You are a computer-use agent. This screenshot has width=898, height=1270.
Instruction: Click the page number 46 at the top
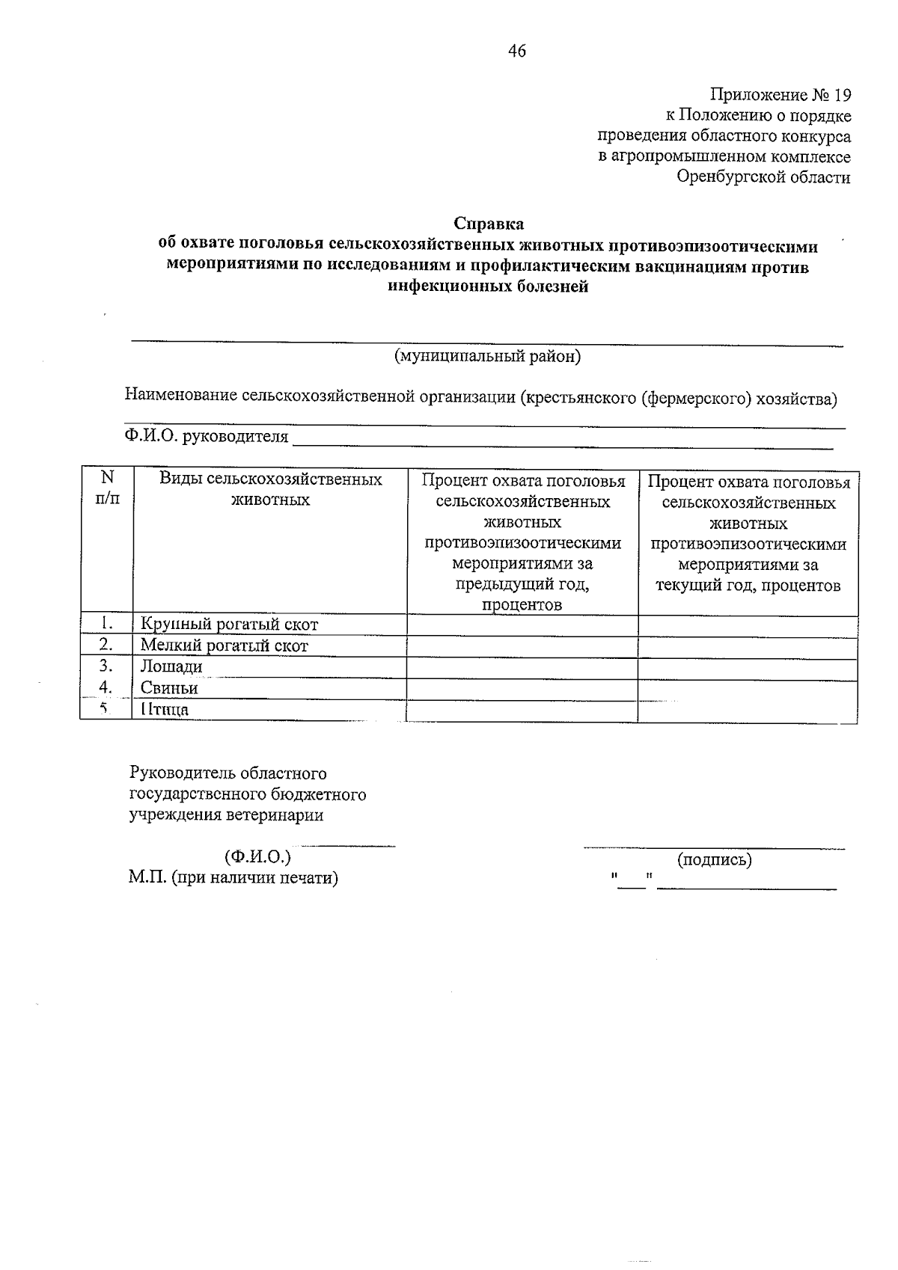[x=517, y=51]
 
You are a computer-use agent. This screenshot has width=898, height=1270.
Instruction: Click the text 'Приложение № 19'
[x=781, y=95]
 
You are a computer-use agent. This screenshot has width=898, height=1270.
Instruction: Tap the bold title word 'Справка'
[x=489, y=224]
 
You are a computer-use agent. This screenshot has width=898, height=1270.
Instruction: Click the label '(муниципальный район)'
[x=487, y=357]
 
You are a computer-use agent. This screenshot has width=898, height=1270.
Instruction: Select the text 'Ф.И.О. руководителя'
[x=207, y=436]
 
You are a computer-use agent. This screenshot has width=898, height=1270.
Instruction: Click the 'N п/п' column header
[x=107, y=488]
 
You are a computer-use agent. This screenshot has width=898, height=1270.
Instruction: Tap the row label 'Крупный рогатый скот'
[x=229, y=625]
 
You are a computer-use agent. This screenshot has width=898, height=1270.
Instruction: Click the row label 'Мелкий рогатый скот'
[x=224, y=645]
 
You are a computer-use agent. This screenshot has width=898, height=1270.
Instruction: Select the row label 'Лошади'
[x=171, y=666]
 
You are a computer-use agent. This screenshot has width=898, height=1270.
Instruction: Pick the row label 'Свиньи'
[x=169, y=687]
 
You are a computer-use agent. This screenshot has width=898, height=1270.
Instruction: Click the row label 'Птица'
[x=165, y=709]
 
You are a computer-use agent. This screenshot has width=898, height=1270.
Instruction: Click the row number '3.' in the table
[x=106, y=666]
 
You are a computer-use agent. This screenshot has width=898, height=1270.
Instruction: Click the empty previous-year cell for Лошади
[x=522, y=668]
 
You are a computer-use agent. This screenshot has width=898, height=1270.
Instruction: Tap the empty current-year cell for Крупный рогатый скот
[x=748, y=626]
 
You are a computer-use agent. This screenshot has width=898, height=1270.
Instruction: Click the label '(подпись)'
[x=714, y=859]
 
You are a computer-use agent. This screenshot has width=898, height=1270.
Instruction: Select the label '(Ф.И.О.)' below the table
[x=257, y=856]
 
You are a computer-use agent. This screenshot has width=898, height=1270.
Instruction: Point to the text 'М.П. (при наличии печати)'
[x=233, y=877]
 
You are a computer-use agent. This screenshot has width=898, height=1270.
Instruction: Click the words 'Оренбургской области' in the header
[x=763, y=177]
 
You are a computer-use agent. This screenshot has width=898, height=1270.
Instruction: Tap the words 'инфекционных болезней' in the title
[x=489, y=286]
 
